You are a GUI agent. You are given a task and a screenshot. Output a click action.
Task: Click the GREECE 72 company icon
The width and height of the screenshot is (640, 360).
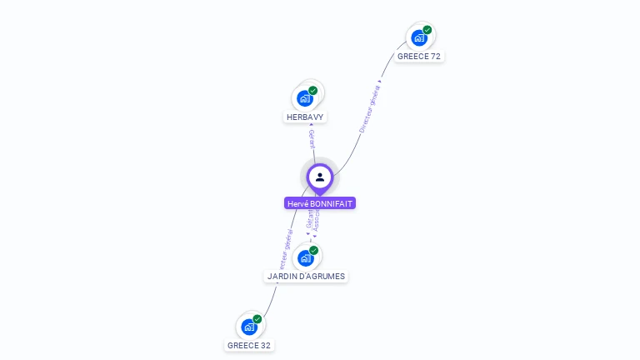point(419,37)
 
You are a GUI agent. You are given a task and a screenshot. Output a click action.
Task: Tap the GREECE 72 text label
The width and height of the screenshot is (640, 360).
point(419,57)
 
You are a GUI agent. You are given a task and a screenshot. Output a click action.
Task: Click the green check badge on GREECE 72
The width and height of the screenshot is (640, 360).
point(427,30)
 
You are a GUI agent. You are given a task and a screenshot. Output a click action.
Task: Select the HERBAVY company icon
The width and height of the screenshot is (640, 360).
point(305,98)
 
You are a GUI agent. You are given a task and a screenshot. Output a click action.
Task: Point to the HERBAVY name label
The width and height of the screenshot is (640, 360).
point(305,117)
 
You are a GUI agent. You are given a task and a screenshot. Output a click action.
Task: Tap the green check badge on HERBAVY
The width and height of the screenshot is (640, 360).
point(313,91)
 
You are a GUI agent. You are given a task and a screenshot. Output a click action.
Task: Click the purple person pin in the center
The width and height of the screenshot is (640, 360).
point(320,177)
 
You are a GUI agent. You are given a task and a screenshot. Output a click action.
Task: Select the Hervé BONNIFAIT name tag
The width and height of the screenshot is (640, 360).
point(320,203)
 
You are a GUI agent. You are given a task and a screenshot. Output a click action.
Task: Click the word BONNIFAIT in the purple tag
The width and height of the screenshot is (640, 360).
point(332,203)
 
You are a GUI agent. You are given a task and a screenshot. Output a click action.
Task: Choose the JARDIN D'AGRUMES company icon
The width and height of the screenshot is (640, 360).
point(306,257)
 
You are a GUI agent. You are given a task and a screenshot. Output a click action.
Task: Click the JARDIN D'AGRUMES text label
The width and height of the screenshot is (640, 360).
point(306,276)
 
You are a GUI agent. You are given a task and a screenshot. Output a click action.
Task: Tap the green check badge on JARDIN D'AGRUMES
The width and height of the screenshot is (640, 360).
point(314,250)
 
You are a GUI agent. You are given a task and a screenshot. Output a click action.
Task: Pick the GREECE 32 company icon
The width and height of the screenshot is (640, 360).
point(249,327)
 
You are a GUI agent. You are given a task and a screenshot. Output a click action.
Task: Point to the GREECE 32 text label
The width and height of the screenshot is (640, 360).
point(249,345)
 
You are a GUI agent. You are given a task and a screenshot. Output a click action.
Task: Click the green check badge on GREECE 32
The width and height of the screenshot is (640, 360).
point(257,319)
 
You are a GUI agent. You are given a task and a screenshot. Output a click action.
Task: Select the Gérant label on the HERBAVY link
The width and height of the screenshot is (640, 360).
point(312,139)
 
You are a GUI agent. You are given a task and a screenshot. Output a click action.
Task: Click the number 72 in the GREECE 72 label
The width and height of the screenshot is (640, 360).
point(435,57)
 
